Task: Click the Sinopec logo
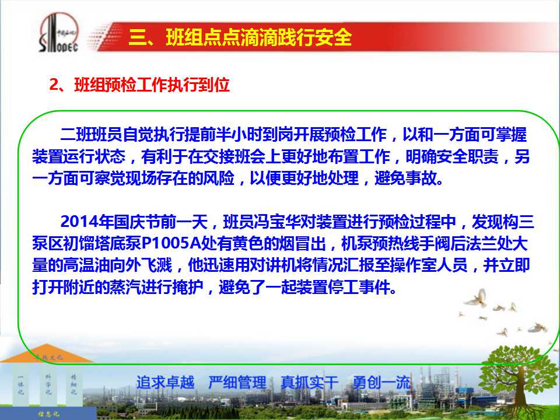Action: coord(59,33)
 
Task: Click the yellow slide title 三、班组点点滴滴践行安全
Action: coord(240,37)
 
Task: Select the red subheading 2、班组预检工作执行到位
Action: coord(139,85)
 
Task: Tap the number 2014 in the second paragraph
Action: coord(80,222)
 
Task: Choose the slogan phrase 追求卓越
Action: coord(165,383)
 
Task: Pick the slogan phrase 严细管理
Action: coord(237,383)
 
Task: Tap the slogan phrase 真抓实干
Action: coord(309,383)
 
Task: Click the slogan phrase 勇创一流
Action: coord(381,383)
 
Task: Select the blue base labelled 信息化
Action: coord(48,413)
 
